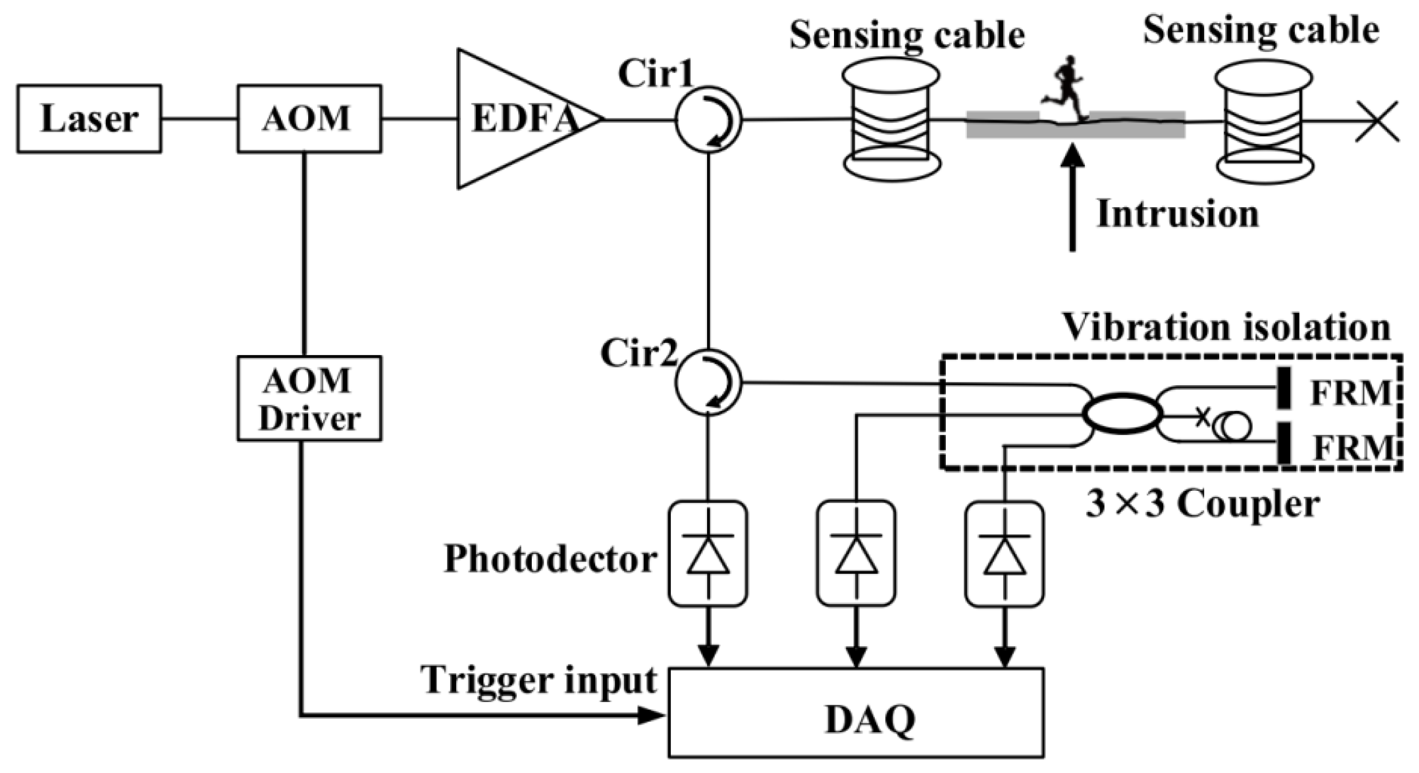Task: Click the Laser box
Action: [x=89, y=119]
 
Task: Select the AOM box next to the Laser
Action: [x=309, y=119]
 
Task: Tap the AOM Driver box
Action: [x=309, y=398]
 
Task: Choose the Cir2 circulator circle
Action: [x=708, y=382]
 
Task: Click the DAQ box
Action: [x=856, y=712]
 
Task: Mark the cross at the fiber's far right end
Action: [x=1377, y=121]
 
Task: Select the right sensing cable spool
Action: [x=1265, y=123]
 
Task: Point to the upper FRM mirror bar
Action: [x=1284, y=388]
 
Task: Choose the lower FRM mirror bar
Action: [x=1284, y=442]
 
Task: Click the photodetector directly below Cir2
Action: [x=708, y=554]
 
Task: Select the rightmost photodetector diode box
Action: [x=1004, y=554]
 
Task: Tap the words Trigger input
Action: [x=539, y=680]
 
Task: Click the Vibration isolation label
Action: [x=1226, y=327]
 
